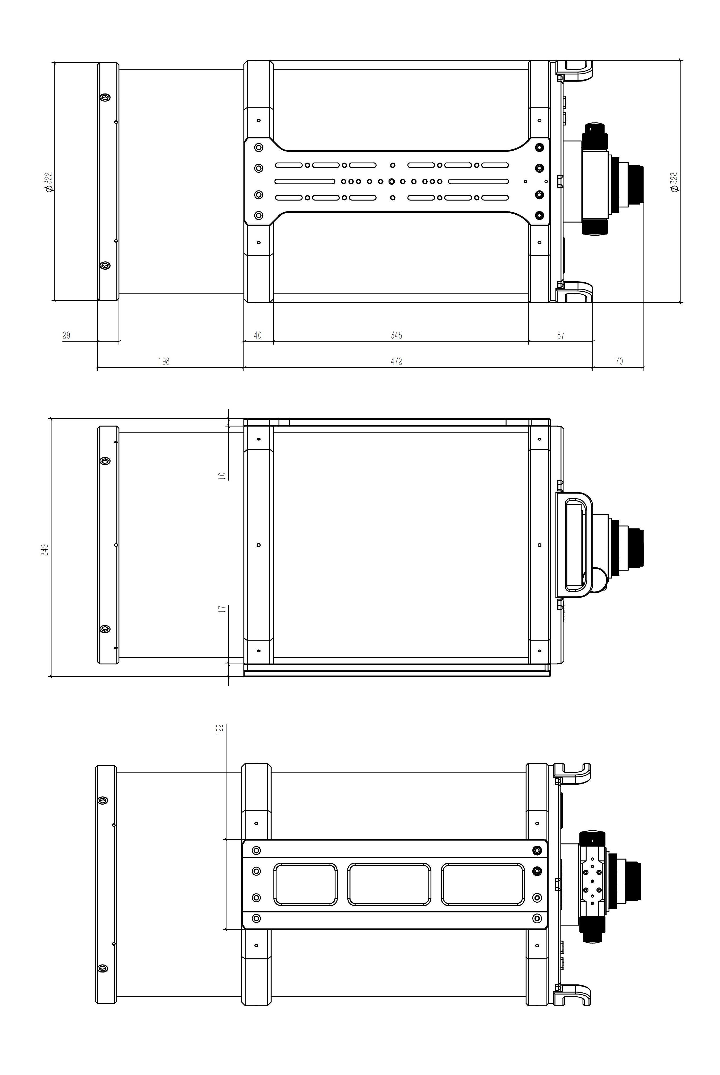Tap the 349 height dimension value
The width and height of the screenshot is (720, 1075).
pos(45,549)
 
